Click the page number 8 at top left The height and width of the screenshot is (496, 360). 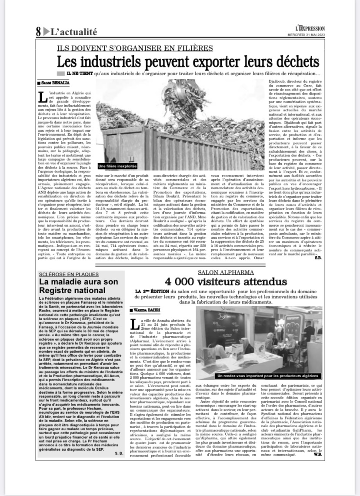(39, 31)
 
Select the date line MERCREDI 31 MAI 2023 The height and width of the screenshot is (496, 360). (306, 35)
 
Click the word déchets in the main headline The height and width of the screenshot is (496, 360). (294, 61)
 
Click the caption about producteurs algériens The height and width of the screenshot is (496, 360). (269, 375)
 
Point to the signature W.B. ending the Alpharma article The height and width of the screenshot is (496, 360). (318, 454)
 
